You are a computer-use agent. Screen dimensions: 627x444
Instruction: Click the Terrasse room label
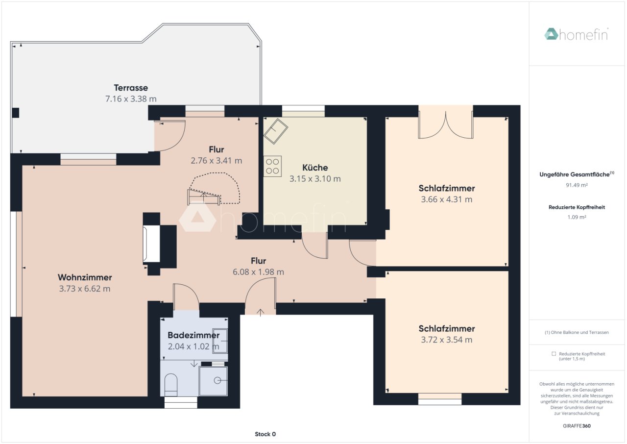point(131,88)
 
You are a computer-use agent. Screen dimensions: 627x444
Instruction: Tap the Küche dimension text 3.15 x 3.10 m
point(315,178)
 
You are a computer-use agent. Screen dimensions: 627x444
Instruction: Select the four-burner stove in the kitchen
point(272,166)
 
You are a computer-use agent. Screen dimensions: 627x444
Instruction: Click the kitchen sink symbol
point(276,131)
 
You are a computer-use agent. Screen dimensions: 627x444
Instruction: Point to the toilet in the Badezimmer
point(171,385)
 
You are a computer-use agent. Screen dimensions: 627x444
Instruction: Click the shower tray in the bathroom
point(213,381)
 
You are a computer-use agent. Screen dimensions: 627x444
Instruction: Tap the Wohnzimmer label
point(85,277)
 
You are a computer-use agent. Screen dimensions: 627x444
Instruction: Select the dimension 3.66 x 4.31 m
point(446,199)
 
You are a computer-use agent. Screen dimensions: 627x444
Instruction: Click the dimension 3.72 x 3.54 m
point(446,340)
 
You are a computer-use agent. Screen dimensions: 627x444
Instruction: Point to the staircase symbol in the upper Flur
point(204,197)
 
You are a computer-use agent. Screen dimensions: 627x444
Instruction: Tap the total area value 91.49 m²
point(577,185)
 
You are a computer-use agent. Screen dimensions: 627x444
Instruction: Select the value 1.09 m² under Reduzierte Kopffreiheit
point(577,217)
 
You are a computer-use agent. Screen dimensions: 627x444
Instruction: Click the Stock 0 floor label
point(265,434)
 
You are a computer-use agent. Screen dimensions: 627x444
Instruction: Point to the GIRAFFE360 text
point(577,426)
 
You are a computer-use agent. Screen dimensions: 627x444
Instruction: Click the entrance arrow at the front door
point(260,313)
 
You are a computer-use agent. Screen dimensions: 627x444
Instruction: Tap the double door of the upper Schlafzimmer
point(446,124)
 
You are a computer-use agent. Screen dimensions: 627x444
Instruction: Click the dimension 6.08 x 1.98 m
point(258,272)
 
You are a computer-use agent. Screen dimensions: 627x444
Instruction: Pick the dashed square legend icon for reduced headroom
point(554,354)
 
